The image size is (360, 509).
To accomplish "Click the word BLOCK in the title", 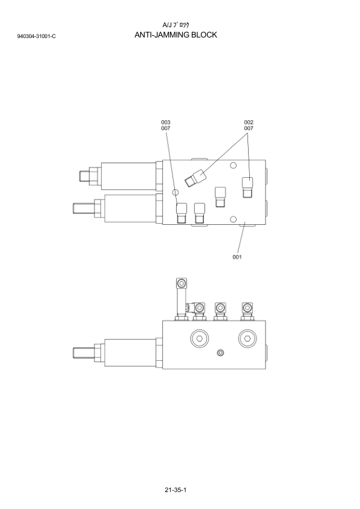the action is point(204,34).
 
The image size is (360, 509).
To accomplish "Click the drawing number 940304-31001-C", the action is point(36,36).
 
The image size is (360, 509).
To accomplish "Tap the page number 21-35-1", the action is point(175,490).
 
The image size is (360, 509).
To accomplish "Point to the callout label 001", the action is point(237,257).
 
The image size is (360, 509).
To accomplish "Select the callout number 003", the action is point(166,122).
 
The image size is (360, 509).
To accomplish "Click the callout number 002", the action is point(249,122).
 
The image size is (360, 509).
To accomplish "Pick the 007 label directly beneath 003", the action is point(166,128).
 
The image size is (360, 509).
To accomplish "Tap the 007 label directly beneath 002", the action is point(249,128).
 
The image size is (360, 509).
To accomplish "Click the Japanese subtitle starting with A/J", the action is point(175,25).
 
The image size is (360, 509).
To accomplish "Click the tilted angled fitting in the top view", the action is point(195,178).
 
